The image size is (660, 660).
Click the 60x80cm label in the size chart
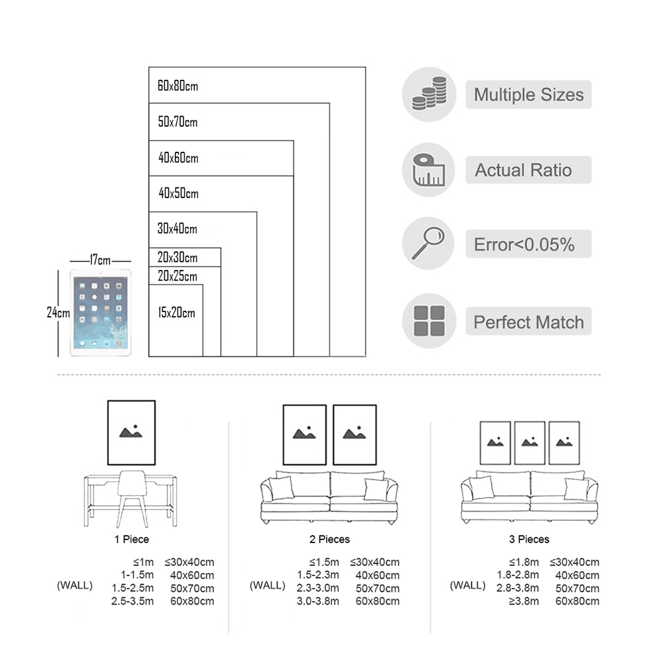click(x=178, y=86)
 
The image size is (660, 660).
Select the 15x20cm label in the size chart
click(x=176, y=313)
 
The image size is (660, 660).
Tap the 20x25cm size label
click(x=177, y=276)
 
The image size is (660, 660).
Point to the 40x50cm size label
click(x=178, y=194)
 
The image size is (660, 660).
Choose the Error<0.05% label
click(x=525, y=245)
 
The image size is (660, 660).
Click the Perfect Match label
click(x=529, y=322)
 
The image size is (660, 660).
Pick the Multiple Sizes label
click(x=529, y=94)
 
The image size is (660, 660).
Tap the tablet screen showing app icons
click(x=100, y=313)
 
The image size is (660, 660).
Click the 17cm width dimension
click(x=100, y=261)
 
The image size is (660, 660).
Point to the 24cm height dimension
click(x=58, y=313)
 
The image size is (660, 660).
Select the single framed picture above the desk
click(x=131, y=432)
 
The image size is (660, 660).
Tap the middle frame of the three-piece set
click(x=529, y=442)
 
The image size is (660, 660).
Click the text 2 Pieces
click(x=329, y=539)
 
